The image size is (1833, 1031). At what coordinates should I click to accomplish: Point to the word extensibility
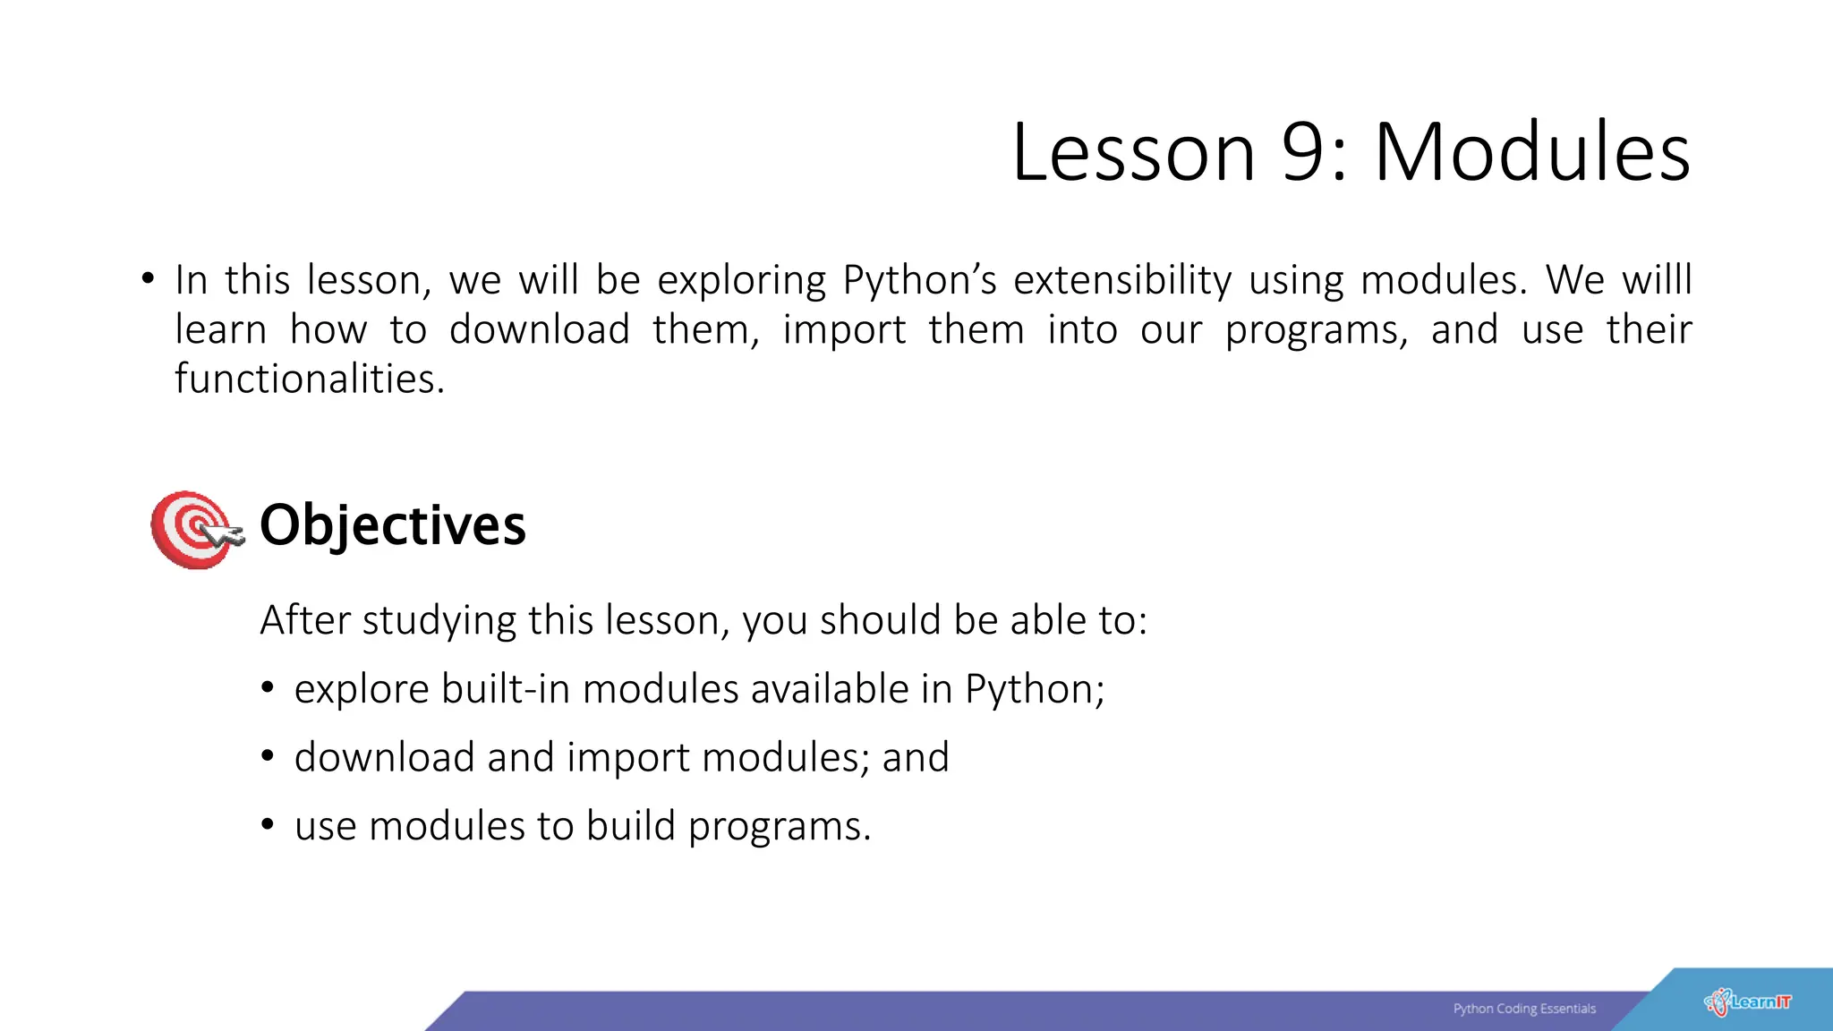click(x=1122, y=280)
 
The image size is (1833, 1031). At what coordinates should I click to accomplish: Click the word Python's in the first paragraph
click(x=919, y=280)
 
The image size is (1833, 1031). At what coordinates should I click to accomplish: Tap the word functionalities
click(x=309, y=379)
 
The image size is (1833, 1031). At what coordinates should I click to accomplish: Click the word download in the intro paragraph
click(x=540, y=329)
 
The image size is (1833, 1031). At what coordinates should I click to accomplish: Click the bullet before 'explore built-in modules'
click(x=268, y=688)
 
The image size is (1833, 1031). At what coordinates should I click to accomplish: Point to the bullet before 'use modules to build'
click(x=268, y=824)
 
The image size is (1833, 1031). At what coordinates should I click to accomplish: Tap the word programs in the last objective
click(x=778, y=826)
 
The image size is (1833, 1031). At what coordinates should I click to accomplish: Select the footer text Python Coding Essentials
click(x=1524, y=1009)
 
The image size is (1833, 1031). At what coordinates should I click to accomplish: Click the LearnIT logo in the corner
click(x=1747, y=1002)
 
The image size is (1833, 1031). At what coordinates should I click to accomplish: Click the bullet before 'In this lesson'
click(x=148, y=278)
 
